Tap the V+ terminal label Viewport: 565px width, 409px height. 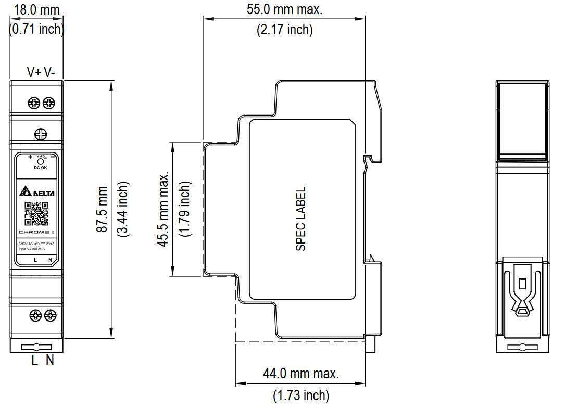[x=34, y=72]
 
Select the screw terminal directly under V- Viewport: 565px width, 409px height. [x=49, y=103]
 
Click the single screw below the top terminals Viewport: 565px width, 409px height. [x=41, y=134]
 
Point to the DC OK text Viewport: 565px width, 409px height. [x=40, y=168]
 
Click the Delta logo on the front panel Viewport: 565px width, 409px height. [x=37, y=193]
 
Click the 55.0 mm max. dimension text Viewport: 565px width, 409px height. [x=284, y=10]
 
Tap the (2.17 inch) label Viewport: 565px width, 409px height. [x=284, y=30]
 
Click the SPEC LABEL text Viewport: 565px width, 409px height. [x=301, y=219]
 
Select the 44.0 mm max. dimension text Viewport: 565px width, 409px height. [x=301, y=373]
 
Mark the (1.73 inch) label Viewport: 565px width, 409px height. [x=301, y=395]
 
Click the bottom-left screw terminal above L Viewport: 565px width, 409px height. [x=35, y=315]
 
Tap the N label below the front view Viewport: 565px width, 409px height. [x=50, y=360]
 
